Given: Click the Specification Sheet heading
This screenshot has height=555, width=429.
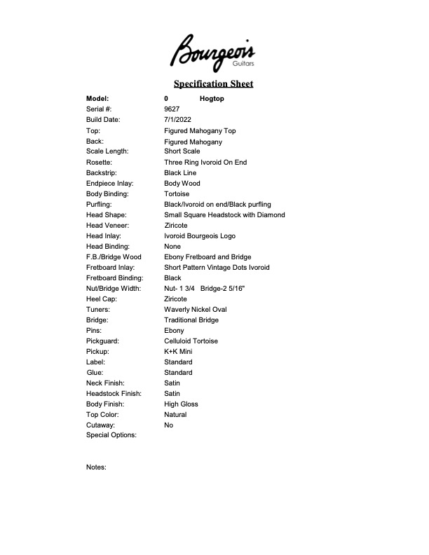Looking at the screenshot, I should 214,84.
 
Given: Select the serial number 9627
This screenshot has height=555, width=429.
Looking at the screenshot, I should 172,109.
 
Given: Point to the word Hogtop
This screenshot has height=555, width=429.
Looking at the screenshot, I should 212,99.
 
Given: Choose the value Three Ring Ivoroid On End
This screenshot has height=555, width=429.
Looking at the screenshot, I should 205,163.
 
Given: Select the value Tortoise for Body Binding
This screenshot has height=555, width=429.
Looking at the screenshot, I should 177,194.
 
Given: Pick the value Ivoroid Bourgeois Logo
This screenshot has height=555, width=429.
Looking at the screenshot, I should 200,236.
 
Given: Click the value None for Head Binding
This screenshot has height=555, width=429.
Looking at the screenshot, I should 172,247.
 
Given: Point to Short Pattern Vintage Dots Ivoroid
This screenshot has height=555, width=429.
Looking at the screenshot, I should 217,268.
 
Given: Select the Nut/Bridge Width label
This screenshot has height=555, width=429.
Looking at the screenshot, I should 114,289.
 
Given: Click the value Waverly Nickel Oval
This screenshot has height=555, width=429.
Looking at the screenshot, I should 196,310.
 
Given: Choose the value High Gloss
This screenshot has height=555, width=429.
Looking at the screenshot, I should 181,404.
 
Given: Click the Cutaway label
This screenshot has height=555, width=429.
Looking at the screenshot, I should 100,425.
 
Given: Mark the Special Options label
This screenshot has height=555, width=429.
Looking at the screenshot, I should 111,435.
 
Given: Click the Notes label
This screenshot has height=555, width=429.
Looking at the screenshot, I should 96,467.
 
